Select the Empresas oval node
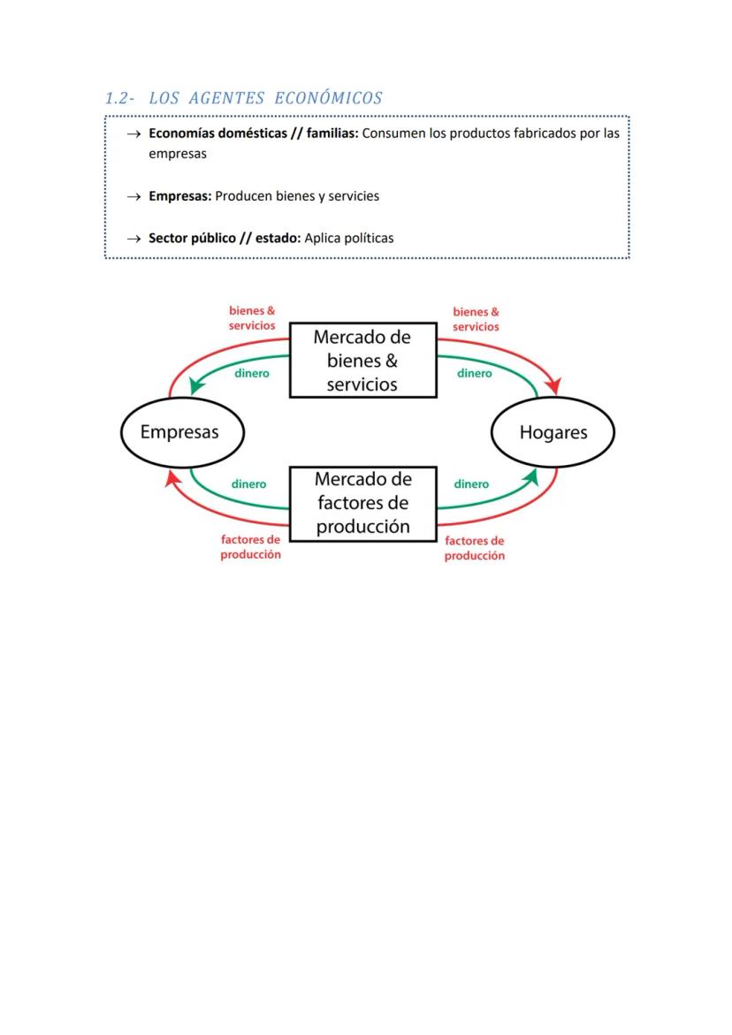(182, 432)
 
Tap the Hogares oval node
(553, 432)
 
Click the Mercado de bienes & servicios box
(362, 361)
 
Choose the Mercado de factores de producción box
(362, 503)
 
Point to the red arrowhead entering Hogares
(554, 387)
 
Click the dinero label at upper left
(252, 373)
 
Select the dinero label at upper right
(475, 373)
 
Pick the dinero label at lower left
(248, 484)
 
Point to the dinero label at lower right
(471, 484)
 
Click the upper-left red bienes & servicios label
(252, 318)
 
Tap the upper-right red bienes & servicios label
(476, 319)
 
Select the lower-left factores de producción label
(251, 547)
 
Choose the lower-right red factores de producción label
(475, 548)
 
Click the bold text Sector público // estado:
(225, 238)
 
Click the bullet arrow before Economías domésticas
(133, 134)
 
